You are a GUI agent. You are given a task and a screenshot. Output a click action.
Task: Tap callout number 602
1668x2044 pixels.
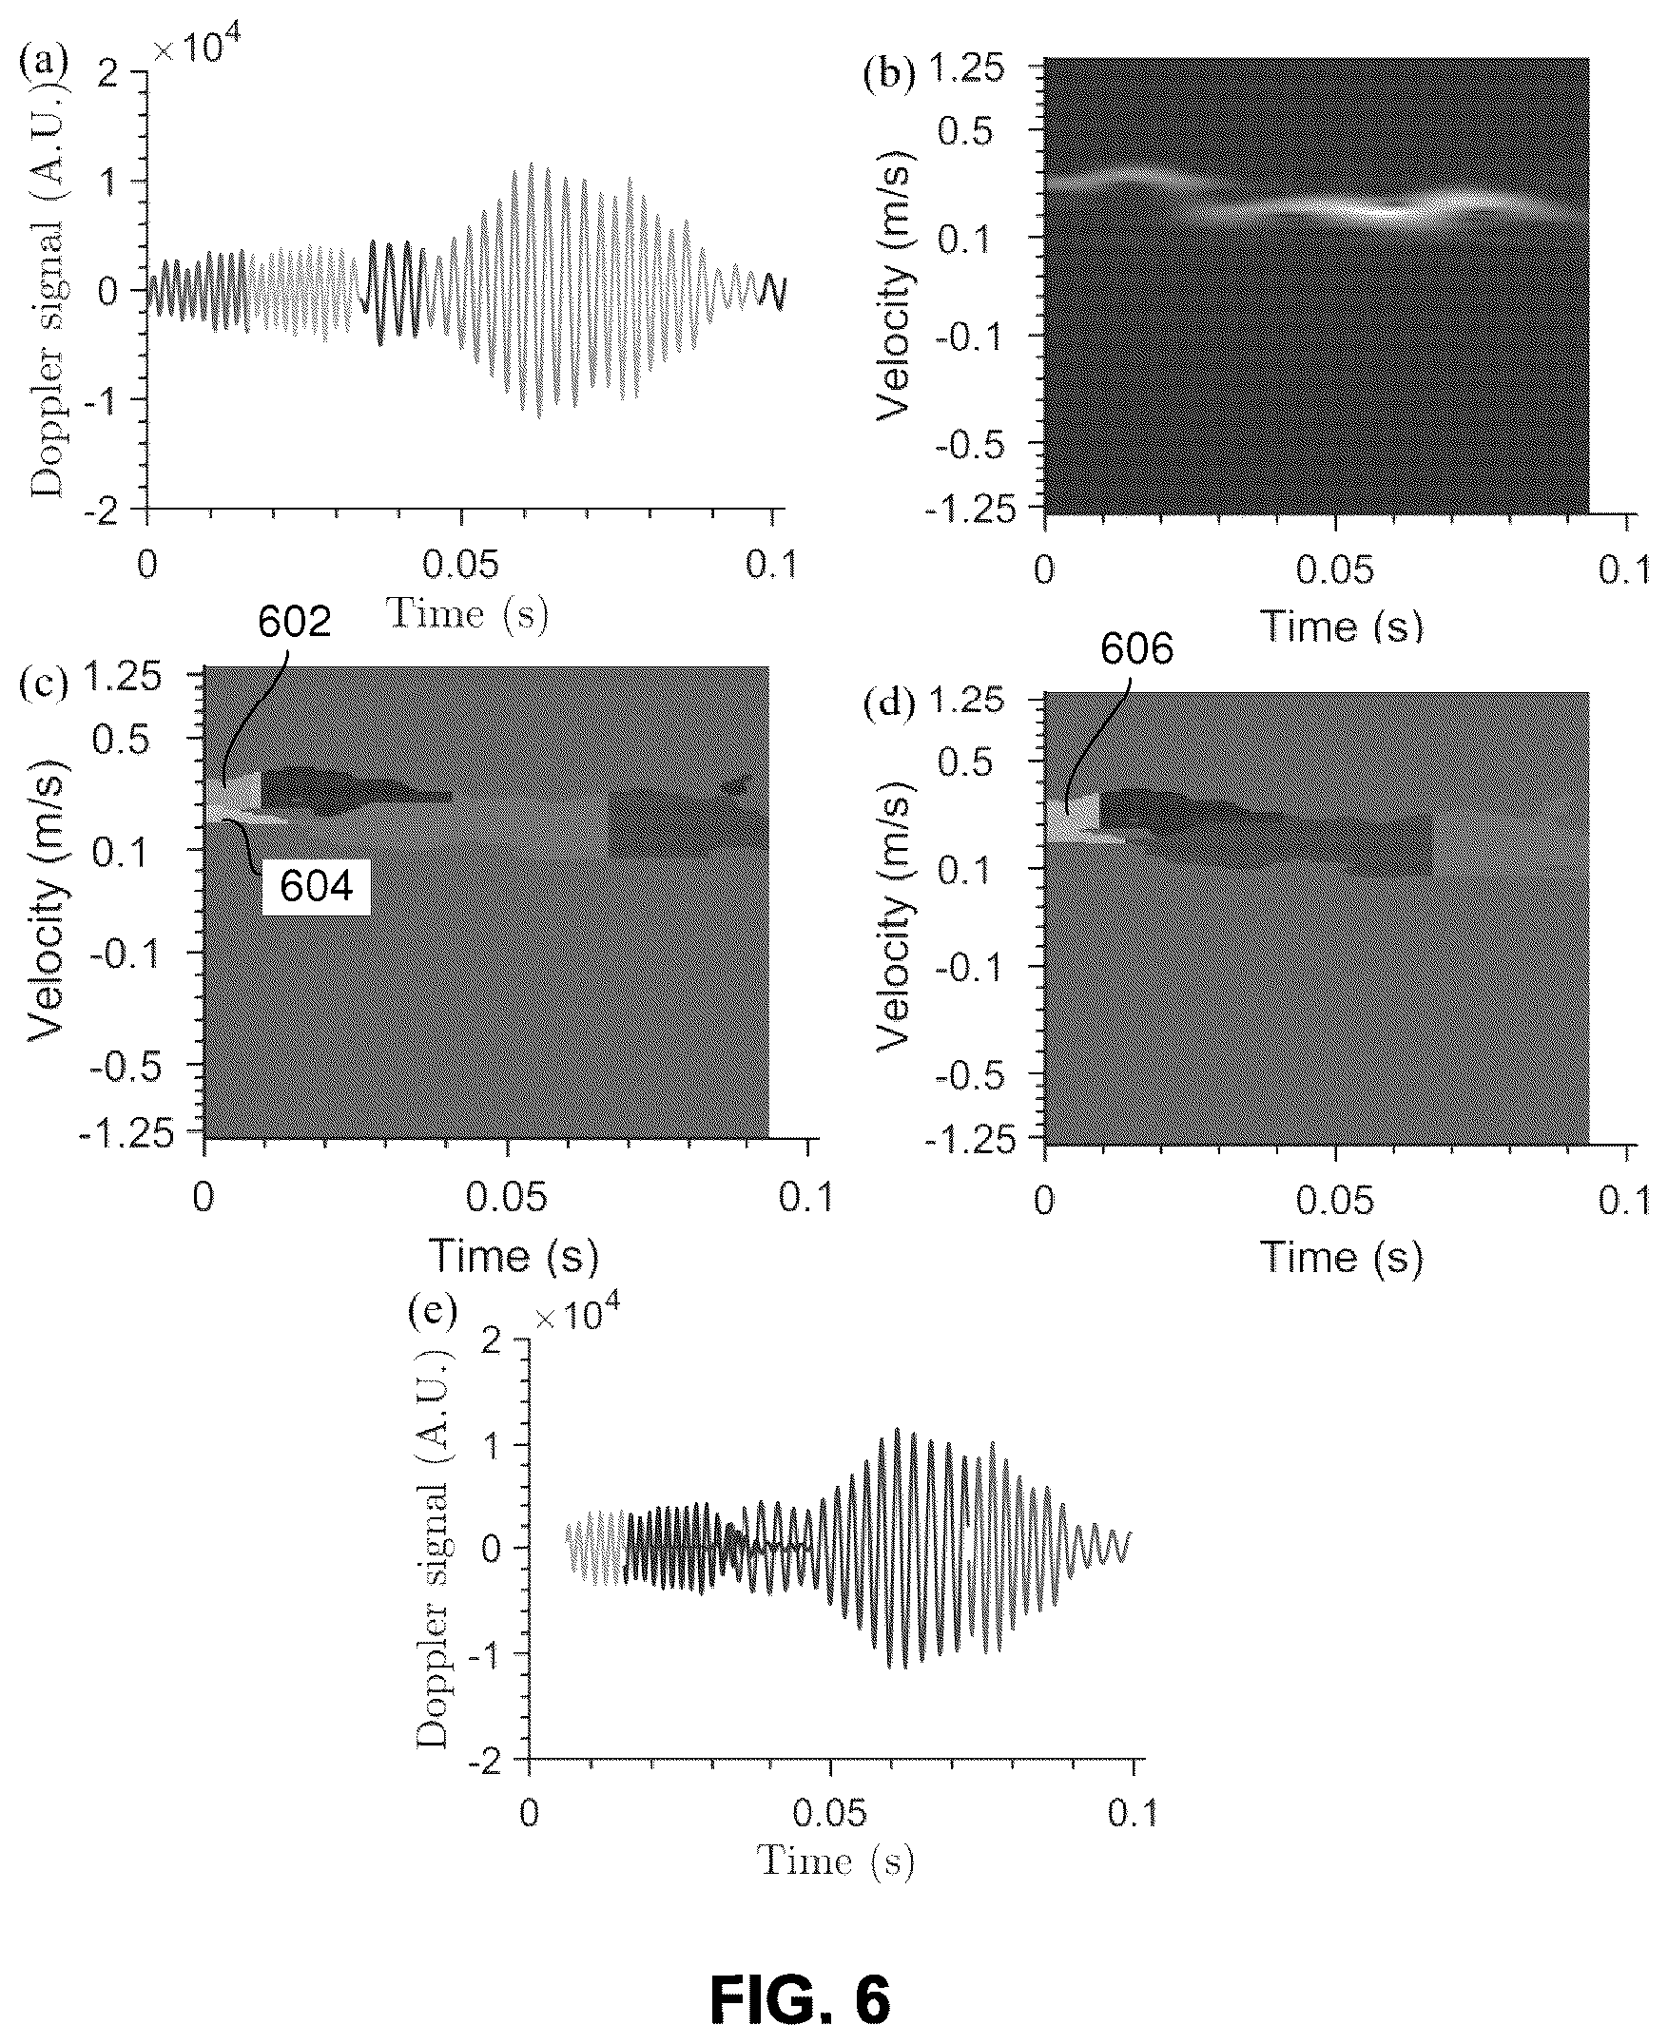294,623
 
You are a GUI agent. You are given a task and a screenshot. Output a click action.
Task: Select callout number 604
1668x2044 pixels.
316,887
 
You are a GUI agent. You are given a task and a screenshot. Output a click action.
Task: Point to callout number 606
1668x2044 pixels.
1136,649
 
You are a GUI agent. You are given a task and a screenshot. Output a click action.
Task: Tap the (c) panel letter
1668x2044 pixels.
44,685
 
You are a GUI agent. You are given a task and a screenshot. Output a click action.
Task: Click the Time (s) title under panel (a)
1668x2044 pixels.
467,614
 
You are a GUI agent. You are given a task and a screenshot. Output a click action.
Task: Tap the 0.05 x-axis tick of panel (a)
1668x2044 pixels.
462,565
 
